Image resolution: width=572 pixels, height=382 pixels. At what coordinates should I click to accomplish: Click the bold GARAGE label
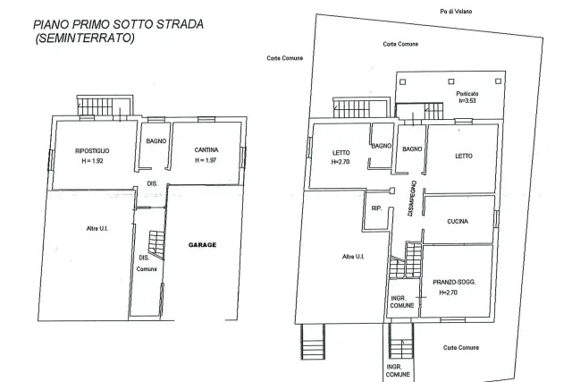tap(203, 245)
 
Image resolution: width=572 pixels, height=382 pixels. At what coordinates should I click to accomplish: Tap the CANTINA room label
tap(206, 149)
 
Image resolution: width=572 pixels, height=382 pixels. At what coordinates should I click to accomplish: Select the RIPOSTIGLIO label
tap(92, 151)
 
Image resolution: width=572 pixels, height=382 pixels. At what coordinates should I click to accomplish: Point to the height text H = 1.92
tap(93, 161)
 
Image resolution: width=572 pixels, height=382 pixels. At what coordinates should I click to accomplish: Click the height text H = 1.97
tap(206, 160)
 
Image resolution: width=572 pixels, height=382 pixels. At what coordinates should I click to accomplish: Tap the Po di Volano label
tap(456, 12)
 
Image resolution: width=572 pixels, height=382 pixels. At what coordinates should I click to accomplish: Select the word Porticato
tap(467, 94)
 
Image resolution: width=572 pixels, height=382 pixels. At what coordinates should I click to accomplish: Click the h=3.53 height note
tap(467, 101)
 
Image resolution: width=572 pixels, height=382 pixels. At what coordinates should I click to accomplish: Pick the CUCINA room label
tap(458, 221)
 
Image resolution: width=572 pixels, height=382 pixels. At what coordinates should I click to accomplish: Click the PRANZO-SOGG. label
tap(454, 282)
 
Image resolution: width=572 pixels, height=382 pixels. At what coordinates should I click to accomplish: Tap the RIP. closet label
tap(376, 208)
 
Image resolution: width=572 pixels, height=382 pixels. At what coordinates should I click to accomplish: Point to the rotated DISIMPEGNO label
tap(412, 199)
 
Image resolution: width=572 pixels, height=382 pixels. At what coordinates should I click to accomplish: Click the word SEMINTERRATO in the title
tap(85, 38)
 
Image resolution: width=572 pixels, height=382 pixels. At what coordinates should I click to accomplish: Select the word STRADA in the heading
tap(180, 24)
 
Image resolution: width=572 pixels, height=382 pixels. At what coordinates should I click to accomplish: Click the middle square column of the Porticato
tap(451, 81)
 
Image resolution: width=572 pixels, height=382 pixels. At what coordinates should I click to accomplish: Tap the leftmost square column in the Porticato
tap(403, 81)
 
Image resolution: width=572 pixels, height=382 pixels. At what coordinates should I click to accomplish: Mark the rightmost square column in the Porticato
tap(499, 81)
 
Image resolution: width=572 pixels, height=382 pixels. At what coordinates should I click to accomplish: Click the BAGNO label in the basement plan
tap(156, 141)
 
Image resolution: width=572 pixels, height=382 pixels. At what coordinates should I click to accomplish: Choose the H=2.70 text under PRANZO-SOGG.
tap(449, 293)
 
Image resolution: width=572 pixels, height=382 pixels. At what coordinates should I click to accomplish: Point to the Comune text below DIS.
tap(147, 269)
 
